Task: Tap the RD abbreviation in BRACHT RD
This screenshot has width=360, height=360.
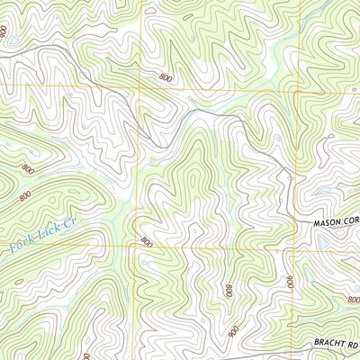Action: (x=354, y=343)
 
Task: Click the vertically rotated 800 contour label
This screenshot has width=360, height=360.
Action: (x=229, y=291)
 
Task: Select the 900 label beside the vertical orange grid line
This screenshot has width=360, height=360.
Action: (x=291, y=282)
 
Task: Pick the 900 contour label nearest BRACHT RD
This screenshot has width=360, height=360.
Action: (x=233, y=330)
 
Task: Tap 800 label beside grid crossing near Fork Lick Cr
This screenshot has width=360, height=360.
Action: (x=147, y=241)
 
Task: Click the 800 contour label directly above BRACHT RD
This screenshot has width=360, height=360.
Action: (x=353, y=300)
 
